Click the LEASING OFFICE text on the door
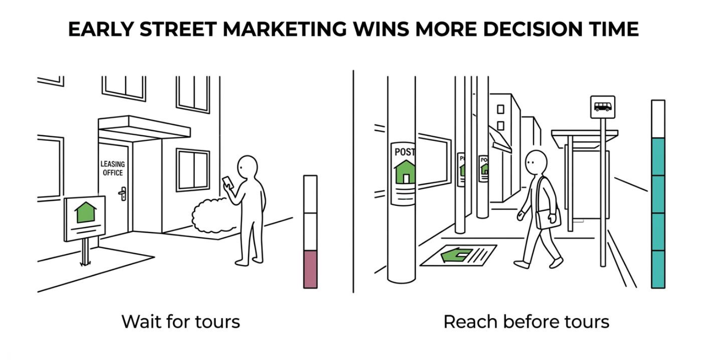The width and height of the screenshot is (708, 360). pos(112,168)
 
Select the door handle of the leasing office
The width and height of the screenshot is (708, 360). pos(122,193)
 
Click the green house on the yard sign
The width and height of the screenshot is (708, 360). pos(85,212)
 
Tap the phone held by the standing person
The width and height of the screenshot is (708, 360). pos(228,183)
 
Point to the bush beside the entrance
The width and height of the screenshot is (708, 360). pos(215,215)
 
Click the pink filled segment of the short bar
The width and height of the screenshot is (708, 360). pos(310,269)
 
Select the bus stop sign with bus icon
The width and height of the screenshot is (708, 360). pos(603,107)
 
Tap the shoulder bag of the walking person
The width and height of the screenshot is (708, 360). pos(549,218)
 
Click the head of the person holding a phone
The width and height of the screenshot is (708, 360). pos(248,168)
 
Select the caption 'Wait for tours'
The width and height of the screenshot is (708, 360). pos(181,322)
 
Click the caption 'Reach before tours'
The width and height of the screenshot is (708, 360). pos(526,322)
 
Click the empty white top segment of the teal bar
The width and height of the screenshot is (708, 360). pos(658,119)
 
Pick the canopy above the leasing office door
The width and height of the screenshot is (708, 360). pos(144,128)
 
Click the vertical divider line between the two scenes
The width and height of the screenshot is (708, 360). pos(354,181)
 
